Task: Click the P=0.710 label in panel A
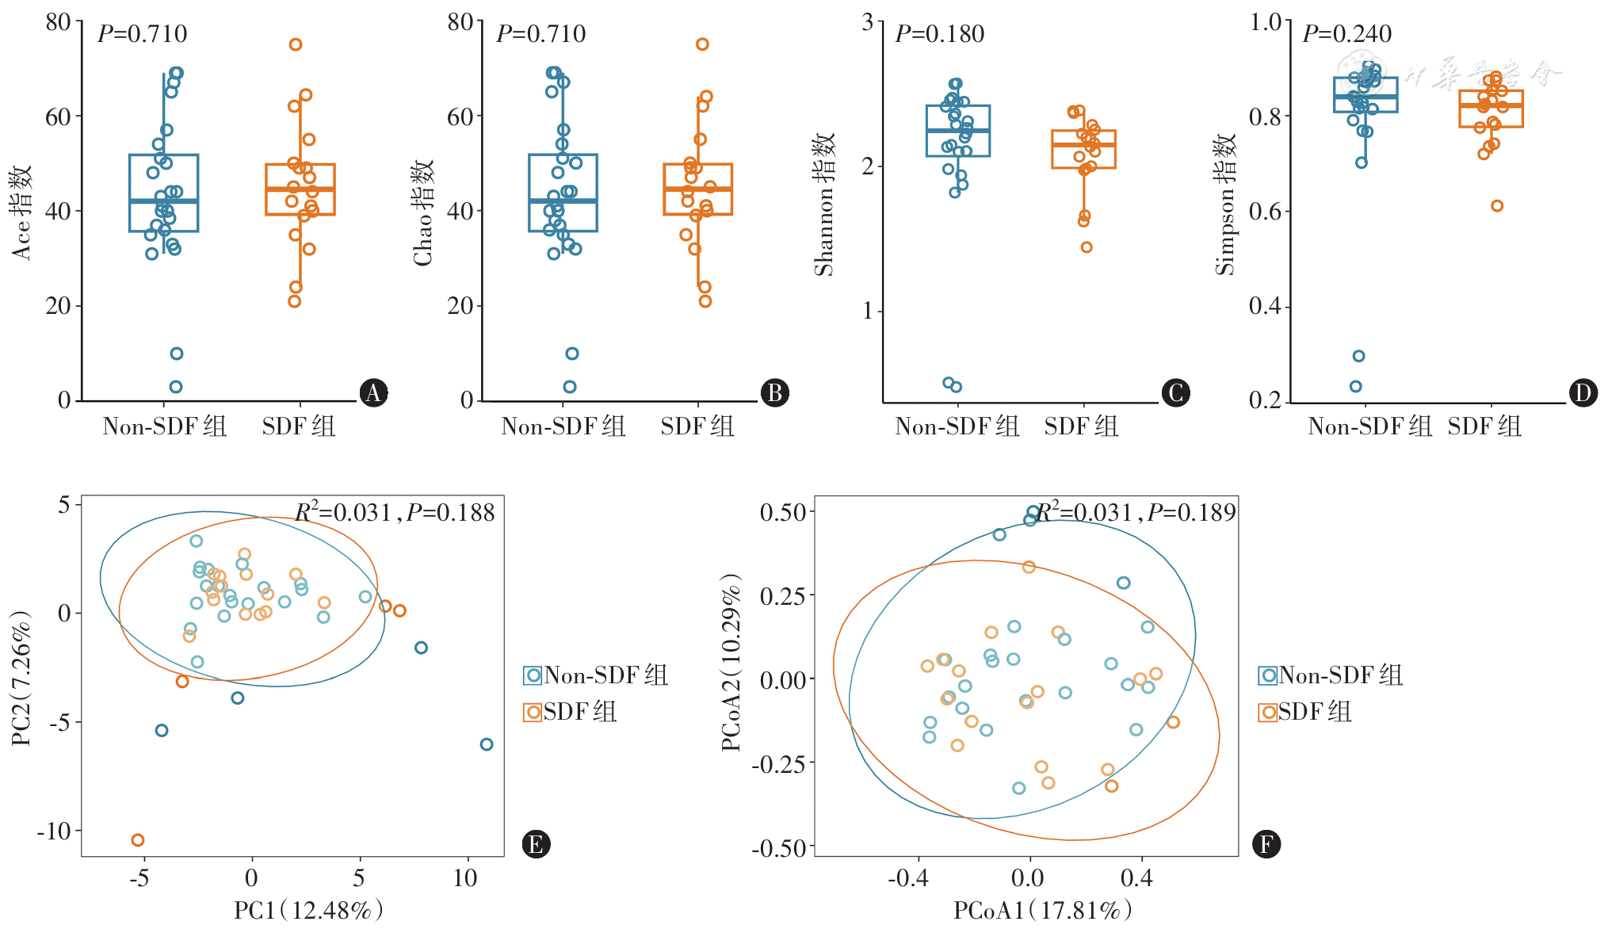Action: pyautogui.click(x=143, y=34)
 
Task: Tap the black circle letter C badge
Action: pyautogui.click(x=1175, y=393)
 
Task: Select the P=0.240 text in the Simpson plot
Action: pyautogui.click(x=1346, y=34)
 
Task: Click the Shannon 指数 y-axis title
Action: pyautogui.click(x=825, y=204)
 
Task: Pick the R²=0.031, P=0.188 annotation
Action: pyautogui.click(x=395, y=513)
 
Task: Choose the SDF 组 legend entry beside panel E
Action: pyautogui.click(x=571, y=712)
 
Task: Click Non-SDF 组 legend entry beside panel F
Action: pyautogui.click(x=1331, y=675)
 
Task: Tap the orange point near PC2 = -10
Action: pyautogui.click(x=138, y=840)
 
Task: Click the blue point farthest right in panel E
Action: pyautogui.click(x=487, y=744)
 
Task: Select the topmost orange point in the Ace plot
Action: pyautogui.click(x=296, y=44)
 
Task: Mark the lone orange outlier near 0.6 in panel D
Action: pyautogui.click(x=1497, y=206)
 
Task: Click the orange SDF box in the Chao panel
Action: pyautogui.click(x=698, y=189)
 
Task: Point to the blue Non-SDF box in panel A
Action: pyautogui.click(x=164, y=193)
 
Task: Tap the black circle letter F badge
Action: pyautogui.click(x=1266, y=844)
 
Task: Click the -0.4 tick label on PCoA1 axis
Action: pyautogui.click(x=907, y=878)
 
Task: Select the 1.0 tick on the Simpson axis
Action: pyautogui.click(x=1266, y=22)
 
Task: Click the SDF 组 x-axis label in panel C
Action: pyautogui.click(x=1081, y=426)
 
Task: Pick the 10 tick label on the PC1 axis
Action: pyautogui.click(x=465, y=878)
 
